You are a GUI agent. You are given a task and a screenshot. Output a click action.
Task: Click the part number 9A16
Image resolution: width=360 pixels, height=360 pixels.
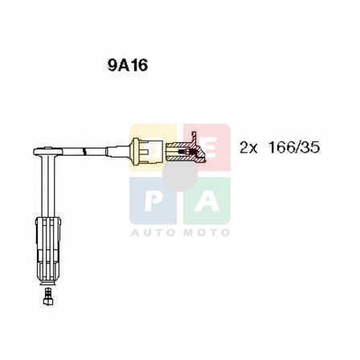[x=128, y=65]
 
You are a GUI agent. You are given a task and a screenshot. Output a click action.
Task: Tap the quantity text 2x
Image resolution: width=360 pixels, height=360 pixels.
[x=248, y=148]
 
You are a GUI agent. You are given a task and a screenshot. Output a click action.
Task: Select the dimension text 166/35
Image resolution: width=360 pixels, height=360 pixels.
[x=294, y=148]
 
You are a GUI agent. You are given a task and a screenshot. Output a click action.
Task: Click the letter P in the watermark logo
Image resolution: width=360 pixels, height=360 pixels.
[x=153, y=201]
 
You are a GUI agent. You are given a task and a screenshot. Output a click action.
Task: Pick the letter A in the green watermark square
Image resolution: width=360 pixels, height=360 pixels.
[x=207, y=201]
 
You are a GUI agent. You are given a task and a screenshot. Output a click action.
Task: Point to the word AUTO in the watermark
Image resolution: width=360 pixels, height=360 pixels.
[x=153, y=232]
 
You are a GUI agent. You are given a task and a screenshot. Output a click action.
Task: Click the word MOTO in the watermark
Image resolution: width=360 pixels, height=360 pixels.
[x=207, y=232]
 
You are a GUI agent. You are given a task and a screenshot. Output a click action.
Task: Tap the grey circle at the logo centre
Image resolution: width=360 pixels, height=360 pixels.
[x=180, y=174]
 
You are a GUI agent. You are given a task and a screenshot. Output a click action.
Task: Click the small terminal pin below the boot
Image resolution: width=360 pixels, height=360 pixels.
[x=48, y=297]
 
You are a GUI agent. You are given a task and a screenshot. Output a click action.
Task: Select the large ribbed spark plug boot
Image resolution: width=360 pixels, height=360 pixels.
[x=48, y=251]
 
